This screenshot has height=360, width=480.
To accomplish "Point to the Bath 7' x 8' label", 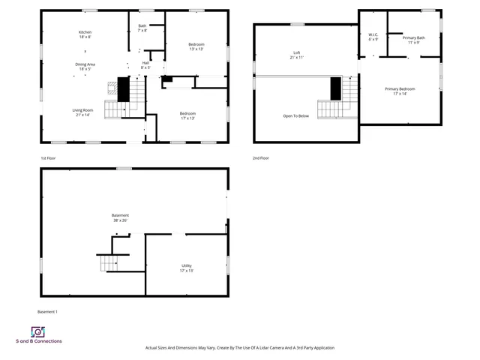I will [x=142, y=28].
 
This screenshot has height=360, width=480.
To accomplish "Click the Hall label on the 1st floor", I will [x=145, y=65].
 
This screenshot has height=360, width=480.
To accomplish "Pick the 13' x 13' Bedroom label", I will [x=196, y=46].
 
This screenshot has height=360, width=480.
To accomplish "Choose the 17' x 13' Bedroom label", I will [x=187, y=116].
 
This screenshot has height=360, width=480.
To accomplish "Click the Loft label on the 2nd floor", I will [x=297, y=55].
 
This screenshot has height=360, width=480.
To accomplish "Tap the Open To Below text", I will [x=295, y=116].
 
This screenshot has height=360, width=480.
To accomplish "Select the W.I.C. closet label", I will [x=373, y=37].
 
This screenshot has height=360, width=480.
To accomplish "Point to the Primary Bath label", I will [x=413, y=40].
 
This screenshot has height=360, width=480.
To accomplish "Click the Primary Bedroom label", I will [x=400, y=91].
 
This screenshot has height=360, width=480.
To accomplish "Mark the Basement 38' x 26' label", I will [x=120, y=217].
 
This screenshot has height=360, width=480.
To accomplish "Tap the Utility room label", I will [x=187, y=268].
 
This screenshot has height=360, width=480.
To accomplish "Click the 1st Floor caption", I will [x=49, y=158].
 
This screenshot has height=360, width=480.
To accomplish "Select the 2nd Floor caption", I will [x=262, y=158].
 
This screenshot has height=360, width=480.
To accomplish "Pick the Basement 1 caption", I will [x=47, y=311].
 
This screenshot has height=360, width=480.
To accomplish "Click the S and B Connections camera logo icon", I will [x=37, y=331].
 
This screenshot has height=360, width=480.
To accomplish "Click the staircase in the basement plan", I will [x=110, y=263].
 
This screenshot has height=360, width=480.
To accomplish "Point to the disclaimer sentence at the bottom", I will [x=240, y=348].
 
